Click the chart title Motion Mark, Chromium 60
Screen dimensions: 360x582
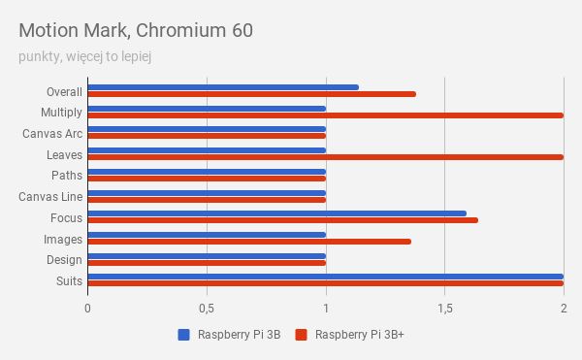tap(136, 30)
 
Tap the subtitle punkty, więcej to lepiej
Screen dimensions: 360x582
tap(84, 56)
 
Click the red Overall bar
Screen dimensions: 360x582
tap(251, 94)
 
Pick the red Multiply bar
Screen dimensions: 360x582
tap(325, 115)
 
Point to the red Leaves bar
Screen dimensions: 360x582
tap(325, 157)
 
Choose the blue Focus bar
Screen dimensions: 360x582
tap(276, 213)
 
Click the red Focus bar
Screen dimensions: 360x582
tap(282, 220)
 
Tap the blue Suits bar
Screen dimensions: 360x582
tap(325, 277)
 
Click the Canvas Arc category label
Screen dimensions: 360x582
tap(52, 134)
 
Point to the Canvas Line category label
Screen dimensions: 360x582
tap(50, 197)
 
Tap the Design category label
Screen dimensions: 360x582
tap(64, 260)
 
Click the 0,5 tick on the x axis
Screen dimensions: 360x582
tap(206, 308)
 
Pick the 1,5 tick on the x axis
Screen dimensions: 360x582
tap(444, 308)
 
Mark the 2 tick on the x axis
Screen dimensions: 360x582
tap(563, 308)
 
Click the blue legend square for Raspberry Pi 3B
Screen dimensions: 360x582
tap(183, 336)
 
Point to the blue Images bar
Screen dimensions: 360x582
tap(207, 234)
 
